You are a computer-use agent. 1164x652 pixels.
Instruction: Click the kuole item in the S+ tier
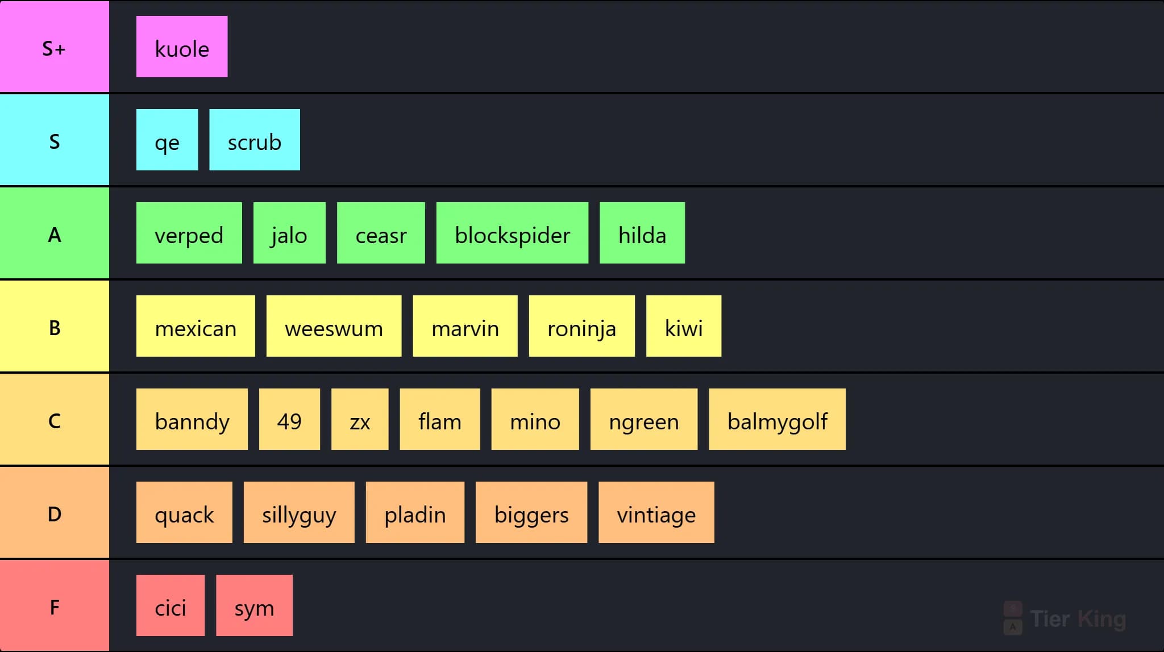(x=182, y=47)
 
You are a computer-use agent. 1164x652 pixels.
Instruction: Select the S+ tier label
(x=55, y=47)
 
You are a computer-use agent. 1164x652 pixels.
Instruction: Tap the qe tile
(x=167, y=140)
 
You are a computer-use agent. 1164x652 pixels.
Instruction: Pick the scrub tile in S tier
(x=255, y=140)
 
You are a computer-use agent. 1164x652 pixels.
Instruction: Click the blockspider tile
(x=512, y=233)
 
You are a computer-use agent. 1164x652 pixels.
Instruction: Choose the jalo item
(x=289, y=233)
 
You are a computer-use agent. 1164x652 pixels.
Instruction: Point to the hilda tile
(x=642, y=233)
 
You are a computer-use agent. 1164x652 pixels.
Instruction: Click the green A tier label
(x=55, y=233)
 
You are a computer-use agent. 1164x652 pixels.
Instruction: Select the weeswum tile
(x=334, y=326)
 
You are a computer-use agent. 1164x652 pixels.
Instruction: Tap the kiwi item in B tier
(x=684, y=326)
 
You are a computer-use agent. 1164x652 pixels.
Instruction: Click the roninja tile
(x=581, y=326)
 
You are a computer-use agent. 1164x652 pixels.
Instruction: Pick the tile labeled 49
(x=289, y=419)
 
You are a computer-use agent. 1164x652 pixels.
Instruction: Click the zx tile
(x=360, y=419)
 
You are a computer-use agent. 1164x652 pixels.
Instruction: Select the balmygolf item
(x=777, y=419)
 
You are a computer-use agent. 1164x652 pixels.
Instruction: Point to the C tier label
(x=55, y=419)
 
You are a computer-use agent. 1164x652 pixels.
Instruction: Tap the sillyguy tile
(x=299, y=512)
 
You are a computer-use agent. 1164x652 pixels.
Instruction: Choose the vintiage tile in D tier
(x=656, y=512)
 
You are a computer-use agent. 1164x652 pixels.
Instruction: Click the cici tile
(x=171, y=605)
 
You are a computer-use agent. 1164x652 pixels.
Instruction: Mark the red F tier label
(x=55, y=605)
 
